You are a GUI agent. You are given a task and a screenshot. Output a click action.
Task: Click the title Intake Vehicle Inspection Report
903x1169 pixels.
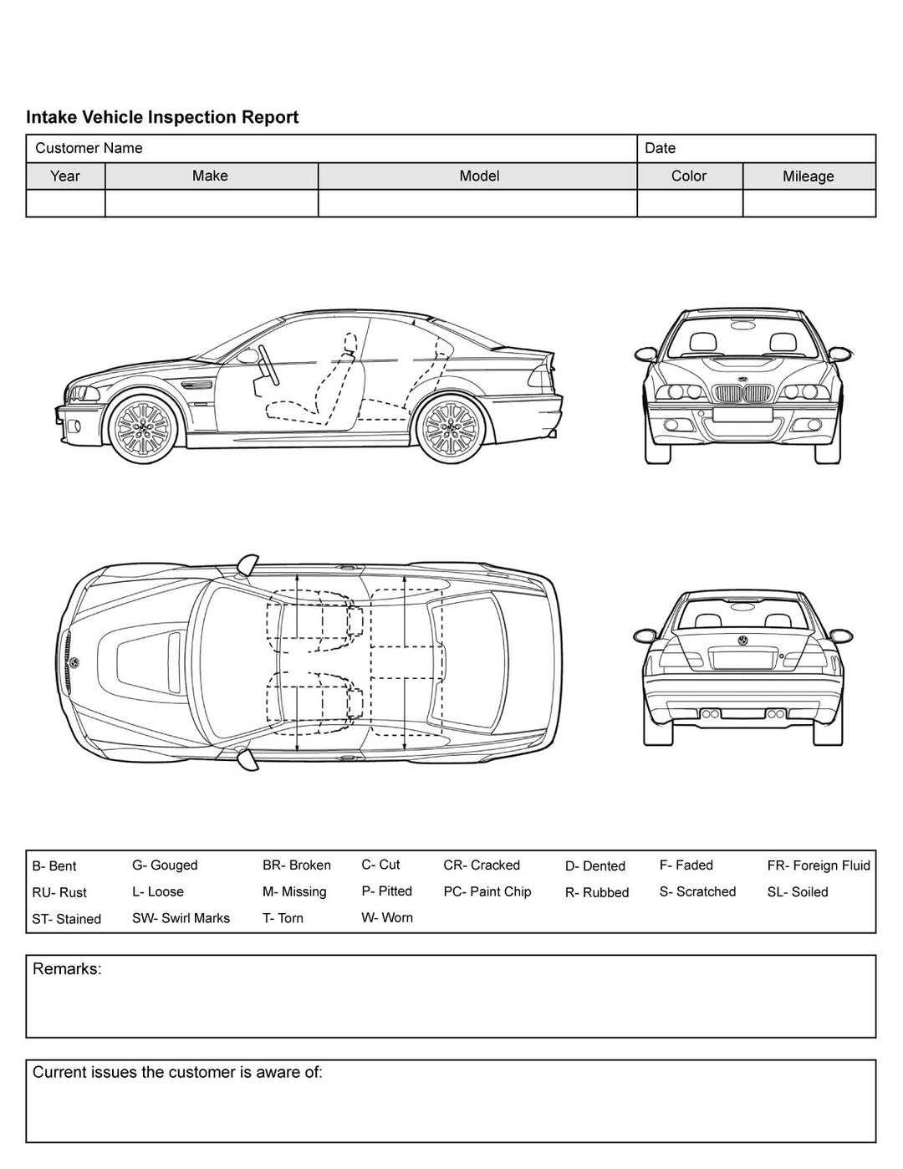(162, 117)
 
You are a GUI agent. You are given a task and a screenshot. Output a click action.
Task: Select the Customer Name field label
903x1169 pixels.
(89, 148)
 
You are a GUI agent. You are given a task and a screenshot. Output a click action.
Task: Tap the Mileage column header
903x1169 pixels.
(808, 176)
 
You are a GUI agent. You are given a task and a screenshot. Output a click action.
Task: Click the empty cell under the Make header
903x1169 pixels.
(211, 203)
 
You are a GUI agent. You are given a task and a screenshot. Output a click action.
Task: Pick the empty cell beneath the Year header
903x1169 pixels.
(65, 203)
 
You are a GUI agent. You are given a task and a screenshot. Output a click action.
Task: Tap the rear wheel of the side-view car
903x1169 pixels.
(451, 427)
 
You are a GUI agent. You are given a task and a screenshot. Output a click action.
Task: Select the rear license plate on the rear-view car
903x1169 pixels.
(742, 659)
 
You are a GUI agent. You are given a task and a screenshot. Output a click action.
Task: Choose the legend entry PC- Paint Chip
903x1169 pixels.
(487, 891)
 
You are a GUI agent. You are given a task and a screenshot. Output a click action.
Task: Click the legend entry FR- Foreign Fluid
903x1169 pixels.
(819, 865)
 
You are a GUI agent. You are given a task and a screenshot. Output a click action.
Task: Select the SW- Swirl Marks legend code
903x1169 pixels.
(181, 918)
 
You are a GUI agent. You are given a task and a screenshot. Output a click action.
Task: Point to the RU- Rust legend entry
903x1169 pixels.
(59, 892)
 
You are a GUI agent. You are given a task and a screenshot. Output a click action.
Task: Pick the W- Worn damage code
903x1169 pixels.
(387, 917)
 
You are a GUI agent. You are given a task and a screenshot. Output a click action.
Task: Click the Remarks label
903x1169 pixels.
(67, 969)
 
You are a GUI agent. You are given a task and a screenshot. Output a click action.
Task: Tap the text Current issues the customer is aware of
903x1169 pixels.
(177, 1072)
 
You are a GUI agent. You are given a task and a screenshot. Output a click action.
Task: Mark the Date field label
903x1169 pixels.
(660, 148)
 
